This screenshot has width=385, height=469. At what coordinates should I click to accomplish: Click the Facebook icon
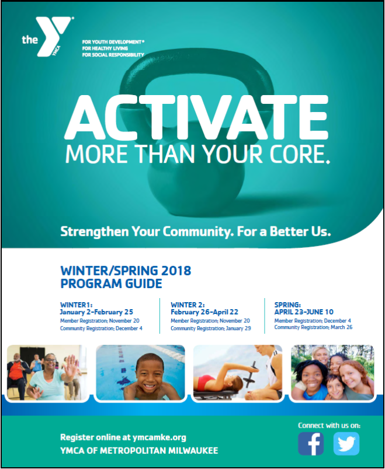(x=311, y=443)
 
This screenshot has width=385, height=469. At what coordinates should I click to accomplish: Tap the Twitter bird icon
(x=346, y=443)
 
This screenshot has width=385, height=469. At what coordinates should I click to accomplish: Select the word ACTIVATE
(x=196, y=117)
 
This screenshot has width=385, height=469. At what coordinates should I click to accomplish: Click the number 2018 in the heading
(x=176, y=271)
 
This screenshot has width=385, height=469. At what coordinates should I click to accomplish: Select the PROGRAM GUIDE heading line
(x=111, y=283)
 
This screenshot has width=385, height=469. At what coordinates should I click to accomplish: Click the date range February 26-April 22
(x=204, y=312)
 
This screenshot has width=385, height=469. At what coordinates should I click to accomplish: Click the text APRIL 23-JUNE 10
(x=304, y=312)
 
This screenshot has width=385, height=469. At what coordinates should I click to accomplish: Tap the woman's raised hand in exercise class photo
(x=70, y=365)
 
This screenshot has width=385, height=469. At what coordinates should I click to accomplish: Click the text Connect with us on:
(x=329, y=425)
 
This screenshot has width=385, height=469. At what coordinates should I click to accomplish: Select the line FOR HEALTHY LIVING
(x=105, y=48)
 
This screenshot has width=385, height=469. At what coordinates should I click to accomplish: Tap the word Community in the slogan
(x=196, y=232)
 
